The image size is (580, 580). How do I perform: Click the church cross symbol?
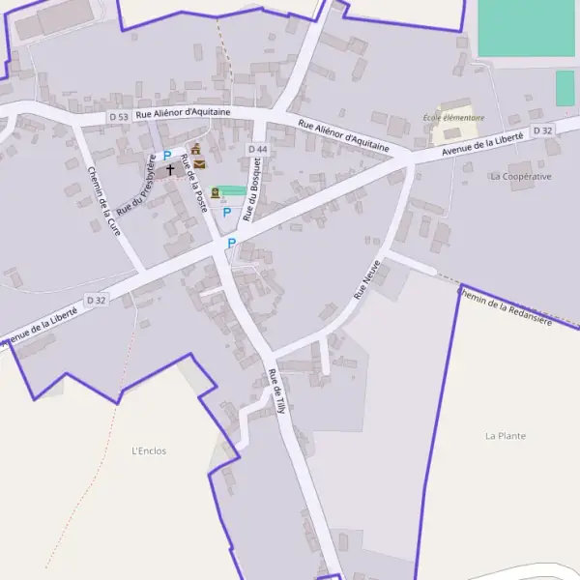point(171,169)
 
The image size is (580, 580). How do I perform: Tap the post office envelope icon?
point(199,164)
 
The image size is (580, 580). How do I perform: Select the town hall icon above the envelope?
point(196,149)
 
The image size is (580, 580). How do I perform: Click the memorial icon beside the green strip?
point(215,192)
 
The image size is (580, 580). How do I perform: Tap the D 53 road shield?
point(118,116)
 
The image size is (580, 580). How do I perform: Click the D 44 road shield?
point(257,149)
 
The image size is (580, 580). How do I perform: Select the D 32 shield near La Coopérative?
point(542,130)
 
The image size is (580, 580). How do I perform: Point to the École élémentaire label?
point(453,118)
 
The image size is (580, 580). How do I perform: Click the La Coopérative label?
point(520,177)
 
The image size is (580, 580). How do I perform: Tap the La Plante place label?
point(506,436)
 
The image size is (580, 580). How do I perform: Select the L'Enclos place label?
point(149,450)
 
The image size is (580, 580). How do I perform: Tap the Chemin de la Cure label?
point(104,201)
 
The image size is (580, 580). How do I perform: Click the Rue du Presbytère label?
point(136,185)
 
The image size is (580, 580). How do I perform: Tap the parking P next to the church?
point(166,155)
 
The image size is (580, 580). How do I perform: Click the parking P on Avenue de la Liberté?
point(231,244)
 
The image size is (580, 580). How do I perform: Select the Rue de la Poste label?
point(194,184)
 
